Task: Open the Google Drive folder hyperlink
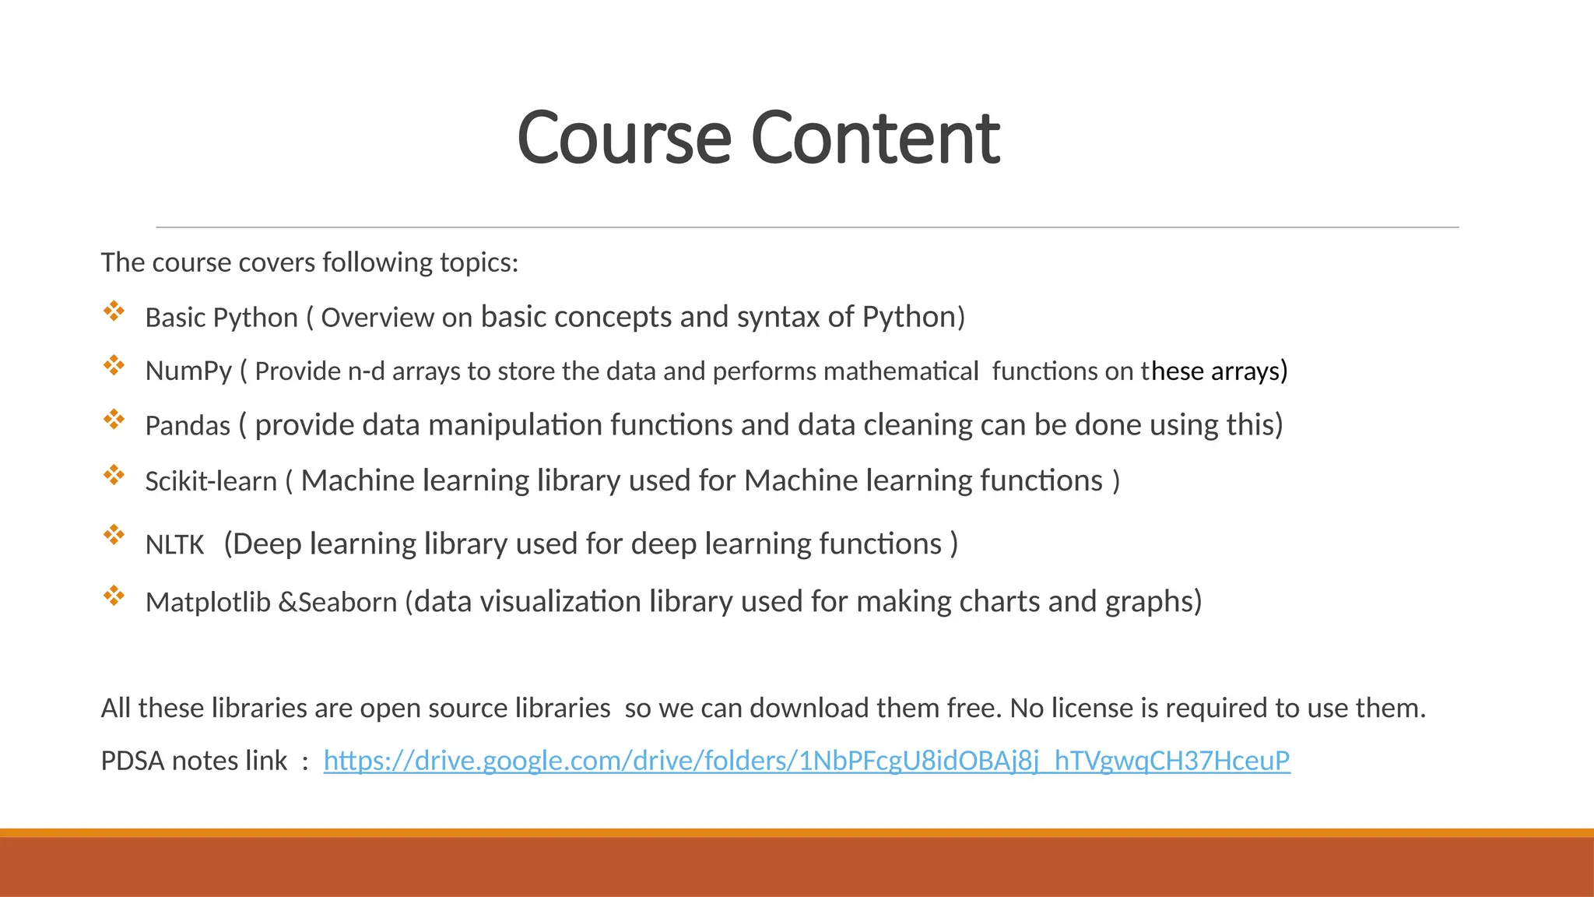click(806, 761)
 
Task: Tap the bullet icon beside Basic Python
click(114, 311)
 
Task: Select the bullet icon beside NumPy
click(114, 365)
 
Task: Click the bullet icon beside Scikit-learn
click(114, 475)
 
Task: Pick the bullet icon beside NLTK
click(114, 534)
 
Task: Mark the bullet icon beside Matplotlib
click(114, 596)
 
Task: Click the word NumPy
click(188, 371)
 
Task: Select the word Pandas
click(188, 426)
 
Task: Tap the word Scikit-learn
click(211, 481)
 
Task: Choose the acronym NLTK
click(174, 544)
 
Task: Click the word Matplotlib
click(208, 602)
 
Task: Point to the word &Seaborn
click(338, 602)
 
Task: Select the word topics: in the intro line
click(479, 263)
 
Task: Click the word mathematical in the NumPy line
click(901, 371)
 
